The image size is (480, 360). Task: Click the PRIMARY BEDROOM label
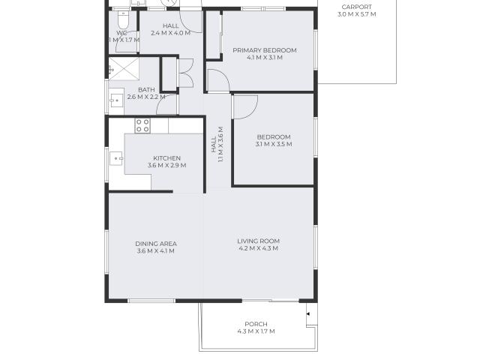264,50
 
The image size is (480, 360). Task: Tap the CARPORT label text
356,7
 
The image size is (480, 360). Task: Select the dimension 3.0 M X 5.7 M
356,14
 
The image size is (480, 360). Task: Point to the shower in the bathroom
122,69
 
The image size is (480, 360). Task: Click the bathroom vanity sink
115,99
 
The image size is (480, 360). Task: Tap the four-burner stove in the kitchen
142,125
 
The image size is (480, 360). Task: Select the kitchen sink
116,158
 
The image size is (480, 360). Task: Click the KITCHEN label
166,157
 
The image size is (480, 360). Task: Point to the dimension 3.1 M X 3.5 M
273,144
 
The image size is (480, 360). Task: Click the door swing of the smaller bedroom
244,107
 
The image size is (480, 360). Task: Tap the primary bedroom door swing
217,79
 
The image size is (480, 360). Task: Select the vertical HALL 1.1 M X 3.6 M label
217,149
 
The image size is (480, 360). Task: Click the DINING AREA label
156,243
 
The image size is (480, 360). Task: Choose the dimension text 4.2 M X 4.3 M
258,248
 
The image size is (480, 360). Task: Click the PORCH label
256,324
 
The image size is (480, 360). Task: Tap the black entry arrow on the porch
307,312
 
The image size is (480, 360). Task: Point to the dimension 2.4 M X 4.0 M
165,33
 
